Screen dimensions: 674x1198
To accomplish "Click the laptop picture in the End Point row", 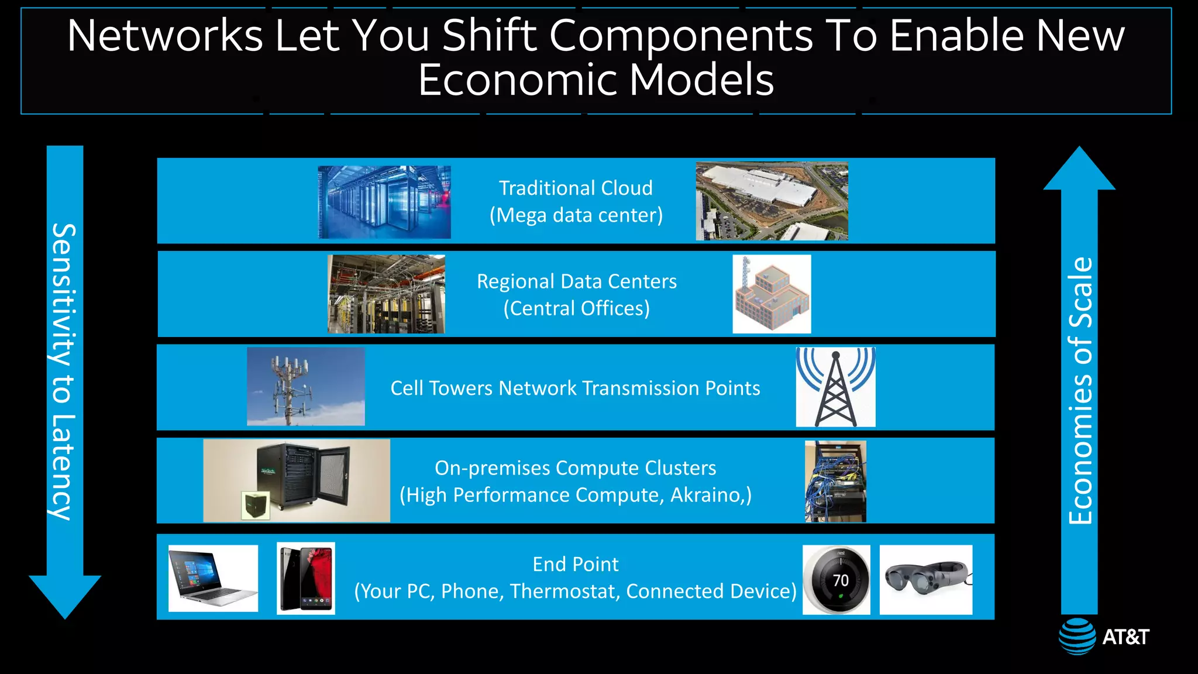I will click(x=213, y=578).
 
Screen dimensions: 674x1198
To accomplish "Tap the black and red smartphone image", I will click(x=306, y=578).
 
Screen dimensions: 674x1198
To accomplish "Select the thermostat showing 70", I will click(x=836, y=580).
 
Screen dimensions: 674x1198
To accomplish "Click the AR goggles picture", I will click(x=925, y=579).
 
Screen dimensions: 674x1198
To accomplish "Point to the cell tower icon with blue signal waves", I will click(x=835, y=387).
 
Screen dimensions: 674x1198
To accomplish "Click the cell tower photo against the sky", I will click(x=305, y=386).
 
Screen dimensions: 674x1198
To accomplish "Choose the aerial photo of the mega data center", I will click(x=772, y=201).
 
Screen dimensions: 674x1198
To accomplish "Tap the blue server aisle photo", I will click(x=384, y=202).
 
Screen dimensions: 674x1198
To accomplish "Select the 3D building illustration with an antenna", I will click(x=772, y=294).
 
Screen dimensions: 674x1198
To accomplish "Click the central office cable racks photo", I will click(x=386, y=294).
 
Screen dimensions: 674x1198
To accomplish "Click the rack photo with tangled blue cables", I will click(x=835, y=481).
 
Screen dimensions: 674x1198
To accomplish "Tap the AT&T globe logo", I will click(x=1077, y=636).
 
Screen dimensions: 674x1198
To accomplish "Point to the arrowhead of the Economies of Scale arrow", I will click(x=1079, y=170).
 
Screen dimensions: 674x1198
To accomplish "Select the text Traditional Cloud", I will click(x=576, y=188).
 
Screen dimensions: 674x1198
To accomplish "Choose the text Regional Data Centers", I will click(x=577, y=281).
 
